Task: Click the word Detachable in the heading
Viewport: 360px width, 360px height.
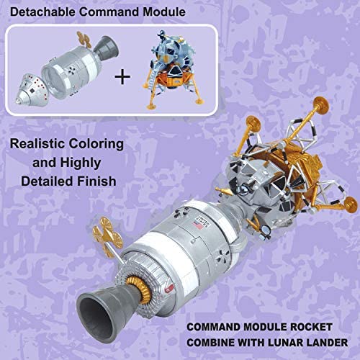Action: coord(42,12)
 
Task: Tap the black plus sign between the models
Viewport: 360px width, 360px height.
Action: coord(122,77)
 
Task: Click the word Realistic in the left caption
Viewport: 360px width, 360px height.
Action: coord(37,144)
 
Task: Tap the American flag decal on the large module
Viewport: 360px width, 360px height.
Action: coord(196,225)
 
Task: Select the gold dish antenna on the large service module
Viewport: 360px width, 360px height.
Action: coord(108,237)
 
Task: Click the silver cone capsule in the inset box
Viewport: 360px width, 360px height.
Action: coord(31,89)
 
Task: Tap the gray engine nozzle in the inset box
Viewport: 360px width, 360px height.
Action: coord(107,47)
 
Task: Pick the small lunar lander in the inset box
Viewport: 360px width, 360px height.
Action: coord(174,69)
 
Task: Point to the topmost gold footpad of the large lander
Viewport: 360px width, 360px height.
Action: coord(321,105)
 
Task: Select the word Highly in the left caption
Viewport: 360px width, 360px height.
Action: coord(81,163)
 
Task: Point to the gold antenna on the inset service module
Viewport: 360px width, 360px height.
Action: coord(84,40)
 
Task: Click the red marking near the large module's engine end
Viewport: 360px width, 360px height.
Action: coord(169,289)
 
